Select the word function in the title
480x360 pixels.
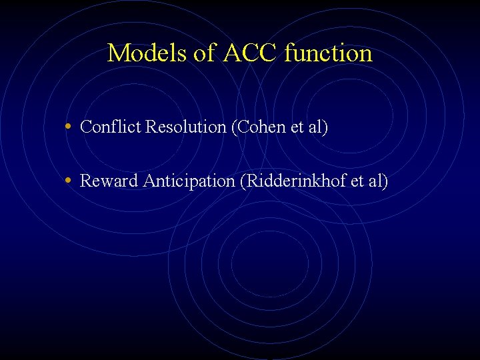[328, 53]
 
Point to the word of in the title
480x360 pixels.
[201, 53]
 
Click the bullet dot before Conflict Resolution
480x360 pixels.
[70, 127]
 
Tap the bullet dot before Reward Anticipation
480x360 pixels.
[70, 181]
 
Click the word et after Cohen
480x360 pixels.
[297, 127]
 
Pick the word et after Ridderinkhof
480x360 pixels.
[357, 181]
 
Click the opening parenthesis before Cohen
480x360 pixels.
[233, 127]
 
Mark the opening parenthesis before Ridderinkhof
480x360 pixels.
[243, 181]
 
